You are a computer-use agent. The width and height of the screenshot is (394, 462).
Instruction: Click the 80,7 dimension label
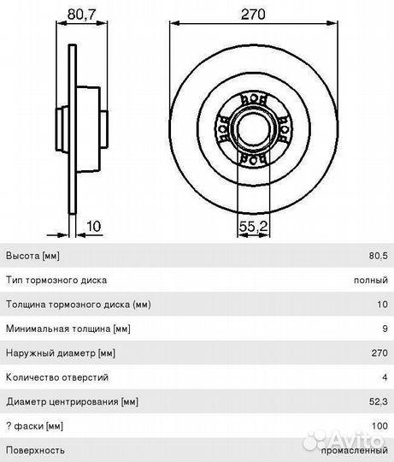[81, 14]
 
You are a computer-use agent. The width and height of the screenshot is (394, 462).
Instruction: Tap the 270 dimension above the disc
[253, 14]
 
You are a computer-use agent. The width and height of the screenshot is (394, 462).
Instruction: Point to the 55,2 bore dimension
[253, 226]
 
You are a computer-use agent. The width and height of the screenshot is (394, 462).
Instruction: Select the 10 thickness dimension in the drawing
[93, 226]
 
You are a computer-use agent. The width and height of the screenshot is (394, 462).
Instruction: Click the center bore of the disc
[253, 128]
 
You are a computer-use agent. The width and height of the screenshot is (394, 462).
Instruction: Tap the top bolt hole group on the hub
[254, 99]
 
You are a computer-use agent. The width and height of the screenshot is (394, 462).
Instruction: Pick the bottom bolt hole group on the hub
[254, 158]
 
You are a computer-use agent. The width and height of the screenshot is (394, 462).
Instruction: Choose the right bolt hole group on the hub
[285, 128]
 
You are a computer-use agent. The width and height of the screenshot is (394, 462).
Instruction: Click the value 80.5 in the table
[379, 256]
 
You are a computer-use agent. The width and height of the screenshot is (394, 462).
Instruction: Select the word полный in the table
[371, 280]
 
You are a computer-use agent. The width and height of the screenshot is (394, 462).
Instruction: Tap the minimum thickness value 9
[385, 329]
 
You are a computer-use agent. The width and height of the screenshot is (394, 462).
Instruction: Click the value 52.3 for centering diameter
[379, 401]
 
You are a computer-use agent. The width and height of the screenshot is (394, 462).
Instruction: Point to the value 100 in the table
[379, 426]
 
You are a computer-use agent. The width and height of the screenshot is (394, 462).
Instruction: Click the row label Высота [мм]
[32, 256]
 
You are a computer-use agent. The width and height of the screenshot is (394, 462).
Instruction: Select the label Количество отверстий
[57, 377]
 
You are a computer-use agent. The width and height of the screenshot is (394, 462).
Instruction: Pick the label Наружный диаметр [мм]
[61, 353]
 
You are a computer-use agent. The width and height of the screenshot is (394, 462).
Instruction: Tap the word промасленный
[355, 451]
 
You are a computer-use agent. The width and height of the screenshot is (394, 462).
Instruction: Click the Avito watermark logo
[344, 440]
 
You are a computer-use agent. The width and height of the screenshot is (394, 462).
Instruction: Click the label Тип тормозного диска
[56, 280]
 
